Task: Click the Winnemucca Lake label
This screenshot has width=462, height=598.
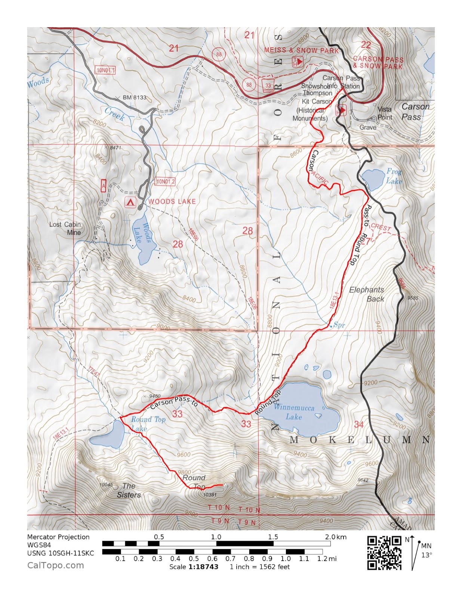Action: [294, 412]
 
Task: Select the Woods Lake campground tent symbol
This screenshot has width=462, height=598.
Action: [130, 202]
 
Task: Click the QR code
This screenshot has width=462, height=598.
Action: [384, 553]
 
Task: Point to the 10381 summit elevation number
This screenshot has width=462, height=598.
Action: [210, 494]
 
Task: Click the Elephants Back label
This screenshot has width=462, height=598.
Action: [367, 294]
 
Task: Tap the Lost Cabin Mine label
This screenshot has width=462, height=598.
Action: [65, 228]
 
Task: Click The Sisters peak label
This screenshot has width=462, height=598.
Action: [129, 490]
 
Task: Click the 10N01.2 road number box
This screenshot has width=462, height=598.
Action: [165, 182]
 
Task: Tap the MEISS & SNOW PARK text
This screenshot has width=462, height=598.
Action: [301, 50]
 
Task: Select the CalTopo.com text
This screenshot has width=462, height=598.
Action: [56, 565]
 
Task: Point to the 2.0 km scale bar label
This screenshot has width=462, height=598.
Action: [335, 537]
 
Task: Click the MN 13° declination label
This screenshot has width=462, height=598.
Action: [426, 550]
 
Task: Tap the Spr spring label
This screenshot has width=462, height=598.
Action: [339, 325]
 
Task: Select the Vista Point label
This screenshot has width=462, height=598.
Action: [384, 113]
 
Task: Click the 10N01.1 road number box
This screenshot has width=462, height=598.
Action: [106, 70]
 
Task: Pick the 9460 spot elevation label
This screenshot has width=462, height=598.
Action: [154, 396]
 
